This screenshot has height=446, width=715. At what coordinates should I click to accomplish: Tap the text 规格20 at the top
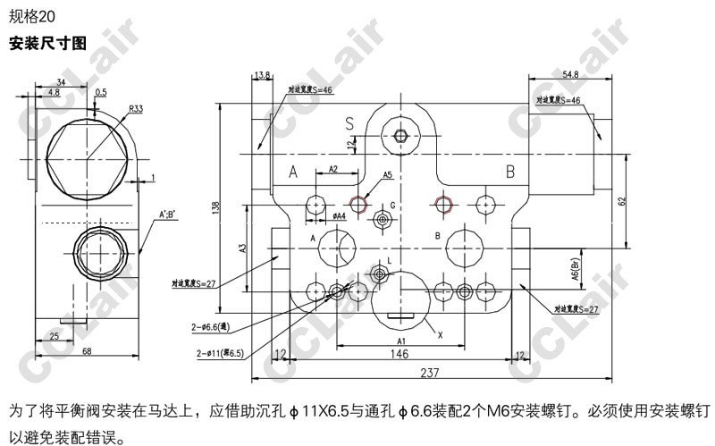point(31,14)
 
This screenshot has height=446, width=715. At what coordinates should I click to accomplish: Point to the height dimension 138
point(215,207)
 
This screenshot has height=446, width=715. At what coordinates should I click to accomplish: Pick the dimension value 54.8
point(571,74)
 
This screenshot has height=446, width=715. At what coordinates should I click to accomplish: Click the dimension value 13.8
point(263,75)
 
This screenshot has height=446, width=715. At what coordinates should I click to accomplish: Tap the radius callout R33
point(136,109)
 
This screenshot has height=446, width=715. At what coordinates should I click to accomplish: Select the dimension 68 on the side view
point(86,350)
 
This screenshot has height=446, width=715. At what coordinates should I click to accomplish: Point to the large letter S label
point(349,122)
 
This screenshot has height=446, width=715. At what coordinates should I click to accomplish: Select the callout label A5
point(387,175)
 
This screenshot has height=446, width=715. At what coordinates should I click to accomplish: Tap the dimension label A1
point(401,341)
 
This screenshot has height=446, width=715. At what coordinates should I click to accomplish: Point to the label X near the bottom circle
point(440,334)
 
